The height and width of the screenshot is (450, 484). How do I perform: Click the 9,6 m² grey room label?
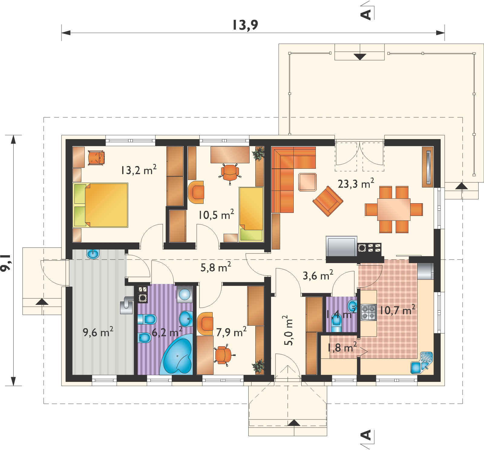[98, 333]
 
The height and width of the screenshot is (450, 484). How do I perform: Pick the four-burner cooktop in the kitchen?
[368, 312]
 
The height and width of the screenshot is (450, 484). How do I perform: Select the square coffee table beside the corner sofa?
[307, 182]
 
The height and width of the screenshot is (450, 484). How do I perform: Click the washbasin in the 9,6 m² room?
[93, 254]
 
